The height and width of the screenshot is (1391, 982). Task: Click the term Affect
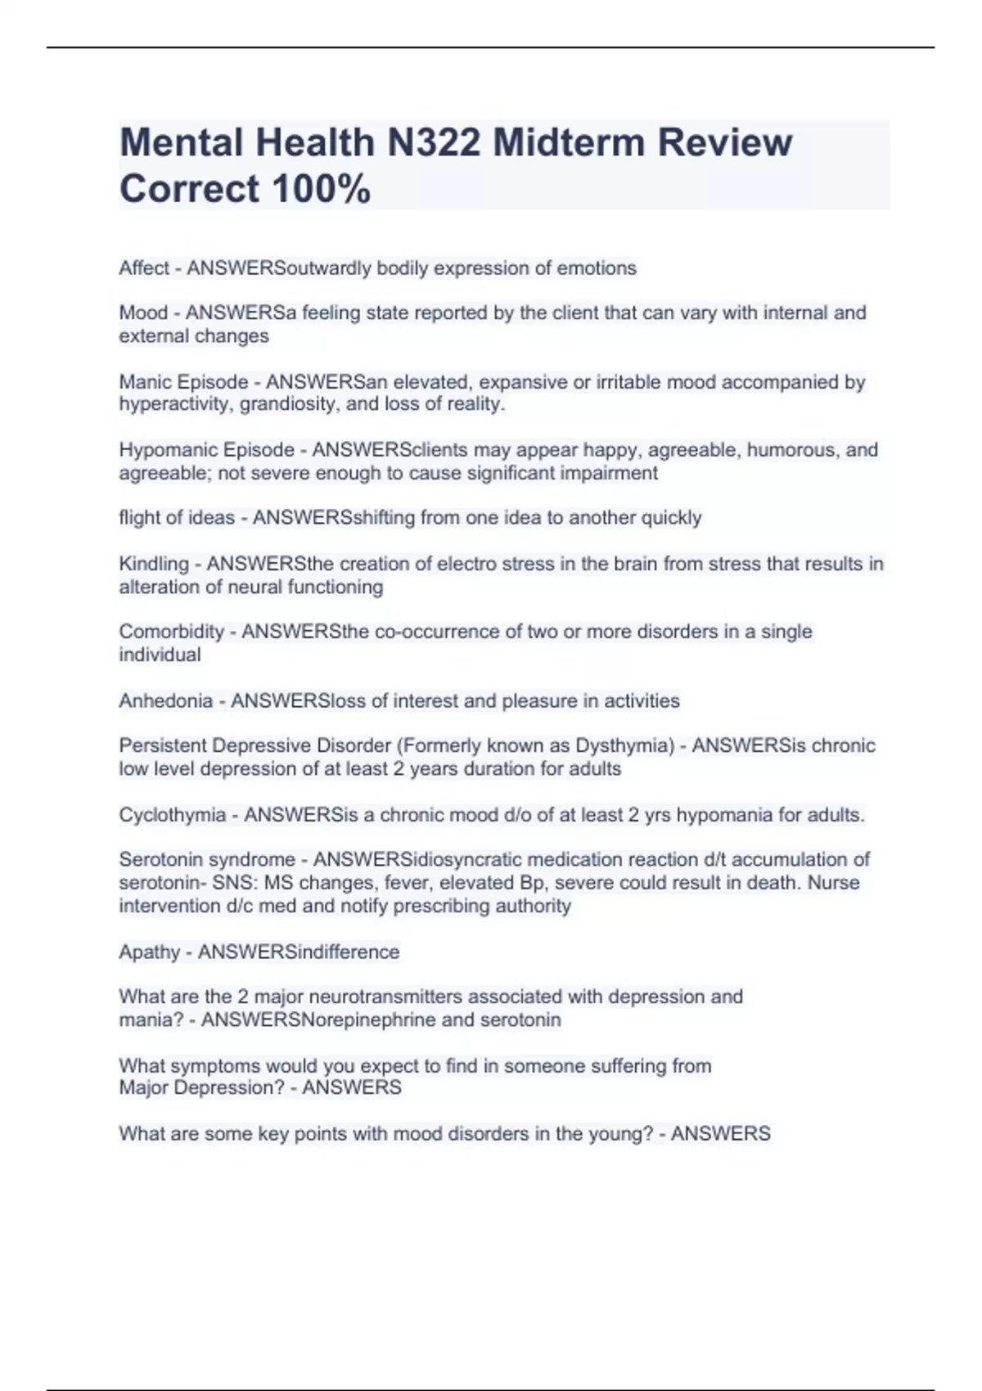(x=144, y=268)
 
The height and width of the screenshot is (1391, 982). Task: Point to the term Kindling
(x=154, y=564)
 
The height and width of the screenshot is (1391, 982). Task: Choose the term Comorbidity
(x=171, y=632)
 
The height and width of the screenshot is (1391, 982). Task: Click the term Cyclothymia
(x=172, y=815)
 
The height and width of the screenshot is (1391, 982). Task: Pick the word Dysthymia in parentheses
(x=623, y=746)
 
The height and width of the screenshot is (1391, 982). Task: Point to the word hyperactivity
(x=173, y=404)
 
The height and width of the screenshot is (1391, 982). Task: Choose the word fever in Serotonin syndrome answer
(x=410, y=883)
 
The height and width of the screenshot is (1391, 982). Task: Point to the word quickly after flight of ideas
(x=671, y=518)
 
